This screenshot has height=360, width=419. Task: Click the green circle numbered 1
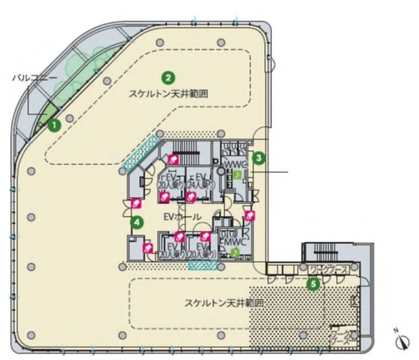(x=55, y=122)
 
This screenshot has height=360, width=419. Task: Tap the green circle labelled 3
(x=259, y=157)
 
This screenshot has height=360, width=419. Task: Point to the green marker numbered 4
(x=137, y=223)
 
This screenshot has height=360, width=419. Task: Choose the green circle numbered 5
(x=314, y=284)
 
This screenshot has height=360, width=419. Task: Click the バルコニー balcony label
(x=34, y=77)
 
